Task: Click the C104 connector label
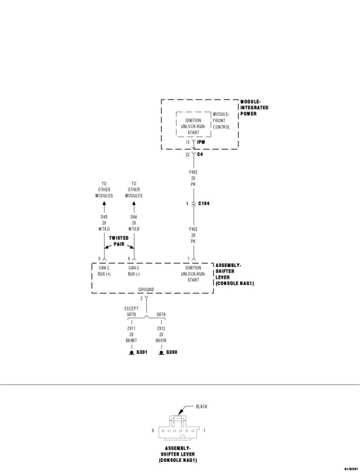click(204, 204)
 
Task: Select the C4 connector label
click(199, 154)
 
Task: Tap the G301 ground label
click(142, 353)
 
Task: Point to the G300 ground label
click(171, 353)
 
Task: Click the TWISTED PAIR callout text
click(119, 241)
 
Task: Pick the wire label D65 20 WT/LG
click(104, 223)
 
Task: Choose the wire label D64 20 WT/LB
click(134, 223)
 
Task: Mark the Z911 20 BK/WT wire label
click(132, 334)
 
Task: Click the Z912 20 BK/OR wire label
click(161, 334)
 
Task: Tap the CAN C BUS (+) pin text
click(104, 271)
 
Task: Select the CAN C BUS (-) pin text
click(134, 271)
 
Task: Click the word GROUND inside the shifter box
click(146, 290)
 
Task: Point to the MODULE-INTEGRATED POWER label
click(254, 108)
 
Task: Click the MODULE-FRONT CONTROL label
click(221, 121)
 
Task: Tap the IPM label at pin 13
click(201, 143)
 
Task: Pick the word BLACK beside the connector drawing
click(201, 406)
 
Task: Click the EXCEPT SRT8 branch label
click(132, 311)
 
